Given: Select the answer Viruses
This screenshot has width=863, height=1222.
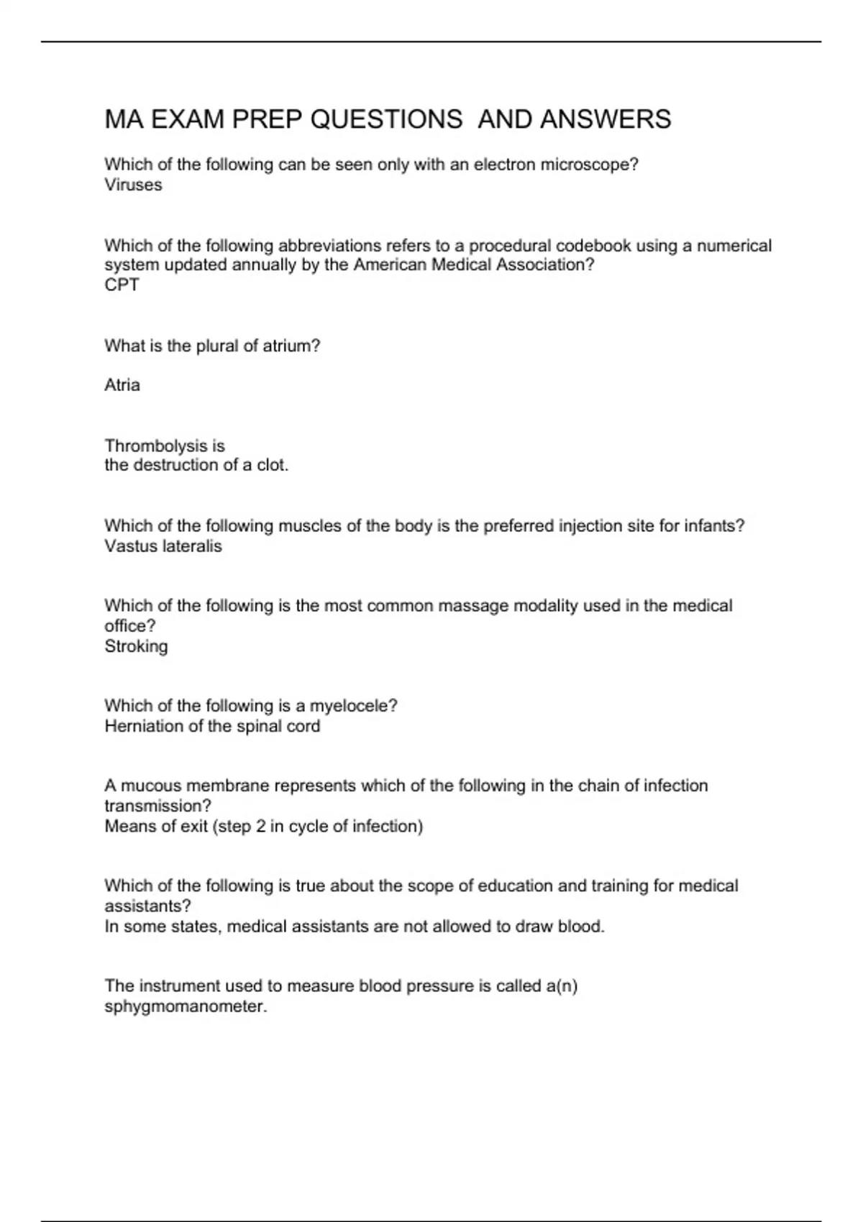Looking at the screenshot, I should coord(133,185).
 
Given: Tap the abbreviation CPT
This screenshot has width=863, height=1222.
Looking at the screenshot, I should coord(122,285).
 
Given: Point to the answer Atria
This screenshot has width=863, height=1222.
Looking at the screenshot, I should coord(122,385).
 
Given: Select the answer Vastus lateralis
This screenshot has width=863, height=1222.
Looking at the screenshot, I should coord(163,546).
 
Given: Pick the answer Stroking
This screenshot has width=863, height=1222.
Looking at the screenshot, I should coord(136,646).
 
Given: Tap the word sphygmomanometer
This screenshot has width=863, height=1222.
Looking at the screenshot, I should coord(184,1006).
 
